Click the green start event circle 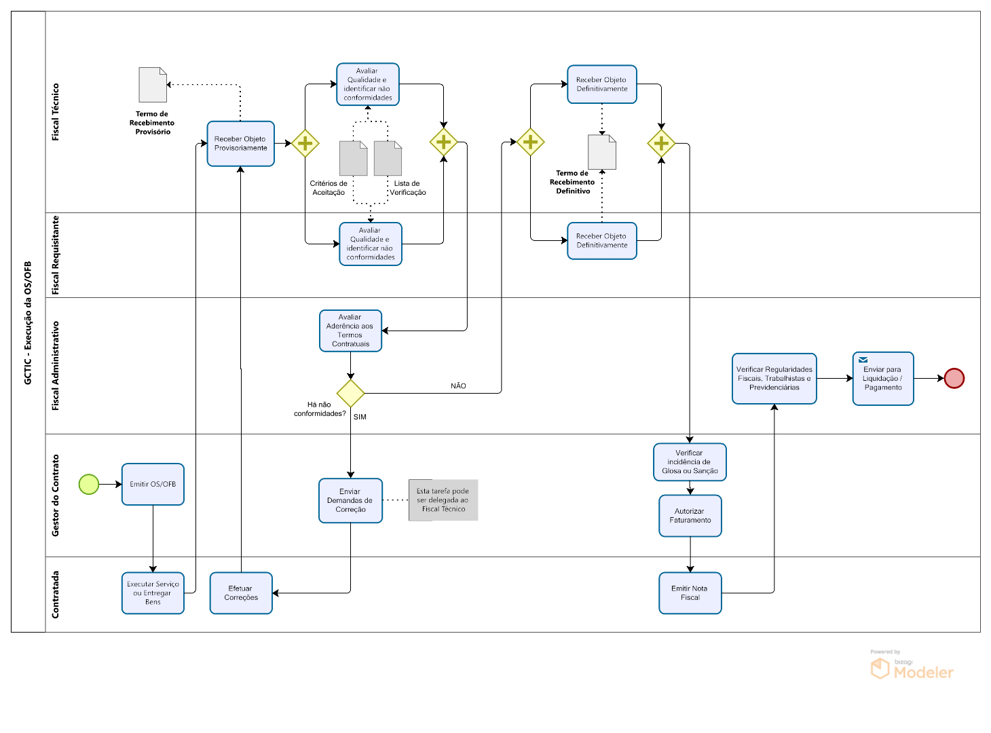pyautogui.click(x=89, y=485)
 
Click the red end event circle pyautogui.click(x=954, y=378)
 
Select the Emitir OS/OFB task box pyautogui.click(x=153, y=485)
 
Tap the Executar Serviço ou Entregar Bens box pyautogui.click(x=153, y=593)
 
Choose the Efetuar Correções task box pyautogui.click(x=241, y=593)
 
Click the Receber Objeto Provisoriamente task pyautogui.click(x=241, y=144)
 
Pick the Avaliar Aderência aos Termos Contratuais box pyautogui.click(x=350, y=331)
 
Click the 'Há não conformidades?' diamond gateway pyautogui.click(x=350, y=394)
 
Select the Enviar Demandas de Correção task pyautogui.click(x=350, y=501)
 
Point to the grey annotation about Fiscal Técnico pyautogui.click(x=443, y=500)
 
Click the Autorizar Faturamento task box pyautogui.click(x=690, y=516)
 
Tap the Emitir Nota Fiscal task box pyautogui.click(x=690, y=593)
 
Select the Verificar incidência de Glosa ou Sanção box pyautogui.click(x=690, y=462)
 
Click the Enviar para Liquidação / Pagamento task pyautogui.click(x=883, y=379)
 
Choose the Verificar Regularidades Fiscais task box pyautogui.click(x=774, y=379)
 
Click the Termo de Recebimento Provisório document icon pyautogui.click(x=153, y=85)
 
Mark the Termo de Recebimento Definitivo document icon pyautogui.click(x=602, y=152)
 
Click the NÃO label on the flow pyautogui.click(x=458, y=386)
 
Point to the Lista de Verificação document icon pyautogui.click(x=388, y=158)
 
